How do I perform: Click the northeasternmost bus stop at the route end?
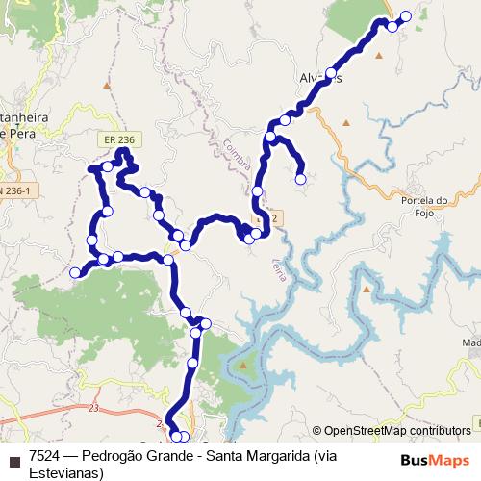click(405, 15)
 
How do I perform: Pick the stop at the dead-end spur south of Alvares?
click(300, 178)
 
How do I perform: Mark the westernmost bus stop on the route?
click(76, 272)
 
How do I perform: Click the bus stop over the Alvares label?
click(331, 73)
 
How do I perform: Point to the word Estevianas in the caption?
click(62, 471)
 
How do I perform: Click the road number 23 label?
click(93, 409)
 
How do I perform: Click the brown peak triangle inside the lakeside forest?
click(243, 366)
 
